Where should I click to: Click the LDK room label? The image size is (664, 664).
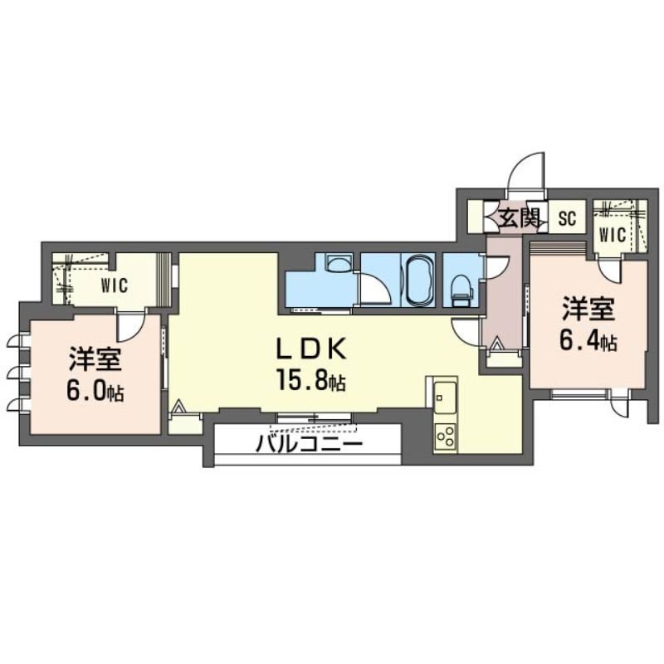pyautogui.click(x=311, y=349)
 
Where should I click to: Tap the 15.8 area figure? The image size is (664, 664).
pyautogui.click(x=311, y=380)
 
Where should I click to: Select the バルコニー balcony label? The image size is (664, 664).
pyautogui.click(x=310, y=444)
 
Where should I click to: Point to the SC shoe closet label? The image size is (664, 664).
pyautogui.click(x=567, y=218)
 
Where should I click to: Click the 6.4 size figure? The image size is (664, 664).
pyautogui.click(x=588, y=340)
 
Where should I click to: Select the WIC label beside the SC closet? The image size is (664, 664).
pyautogui.click(x=613, y=235)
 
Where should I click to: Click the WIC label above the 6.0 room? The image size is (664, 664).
pyautogui.click(x=115, y=285)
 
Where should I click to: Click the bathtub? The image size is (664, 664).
pyautogui.click(x=418, y=280)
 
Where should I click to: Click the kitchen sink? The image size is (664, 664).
pyautogui.click(x=444, y=398)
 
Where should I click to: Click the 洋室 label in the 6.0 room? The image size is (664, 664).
pyautogui.click(x=95, y=359)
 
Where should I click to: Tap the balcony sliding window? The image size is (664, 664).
pyautogui.click(x=314, y=418)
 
